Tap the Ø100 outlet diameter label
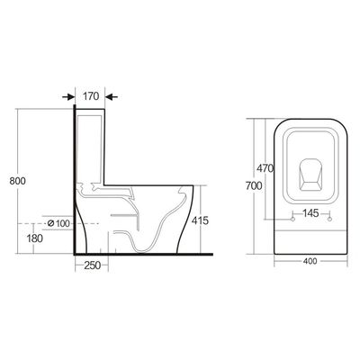tap(58, 222)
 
